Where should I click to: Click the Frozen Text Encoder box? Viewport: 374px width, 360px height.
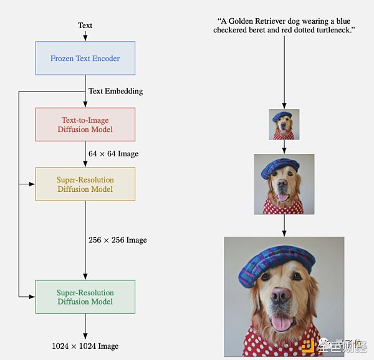[85, 59]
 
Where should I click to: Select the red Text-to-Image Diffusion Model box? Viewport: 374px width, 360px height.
[85, 125]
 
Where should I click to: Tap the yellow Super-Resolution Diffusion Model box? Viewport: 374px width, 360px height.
[85, 184]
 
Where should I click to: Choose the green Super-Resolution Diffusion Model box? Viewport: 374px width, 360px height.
[85, 296]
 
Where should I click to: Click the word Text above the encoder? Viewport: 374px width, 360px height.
[85, 26]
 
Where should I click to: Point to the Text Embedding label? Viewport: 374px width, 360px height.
[115, 91]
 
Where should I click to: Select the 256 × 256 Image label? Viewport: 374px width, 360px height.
[118, 240]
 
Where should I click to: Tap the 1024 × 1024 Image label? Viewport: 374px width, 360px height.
[85, 346]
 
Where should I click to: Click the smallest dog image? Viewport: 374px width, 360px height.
[284, 125]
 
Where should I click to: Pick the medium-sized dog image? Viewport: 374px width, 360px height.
[284, 184]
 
